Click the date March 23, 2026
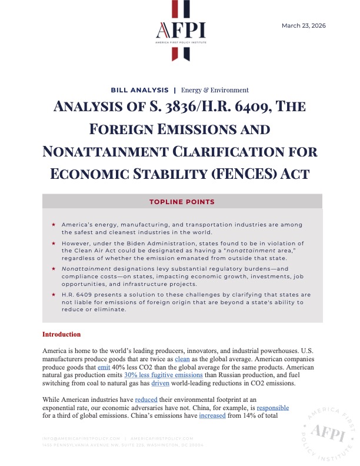point(304,26)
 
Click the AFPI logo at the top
point(179,31)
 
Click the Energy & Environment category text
point(215,90)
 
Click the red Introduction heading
point(61,334)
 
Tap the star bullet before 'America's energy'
point(54,225)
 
